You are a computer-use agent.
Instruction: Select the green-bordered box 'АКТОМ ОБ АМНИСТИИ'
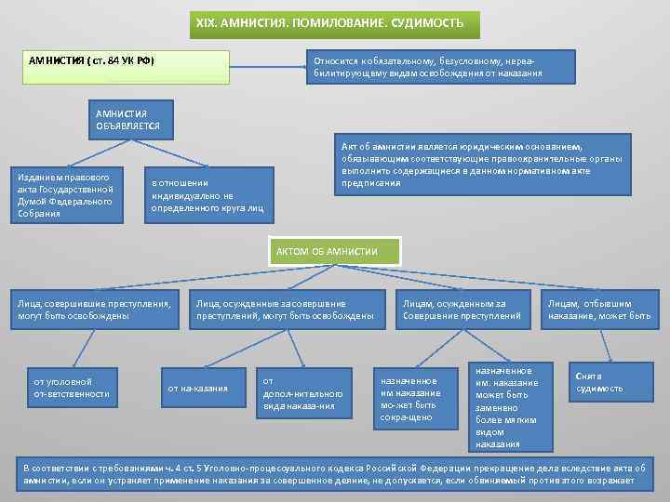tap(336, 251)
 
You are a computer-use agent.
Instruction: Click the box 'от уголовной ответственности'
tap(74, 388)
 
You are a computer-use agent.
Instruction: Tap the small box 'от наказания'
tap(198, 388)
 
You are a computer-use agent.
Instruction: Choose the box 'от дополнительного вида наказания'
tap(301, 393)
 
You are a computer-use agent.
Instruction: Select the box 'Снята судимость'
tap(599, 381)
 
